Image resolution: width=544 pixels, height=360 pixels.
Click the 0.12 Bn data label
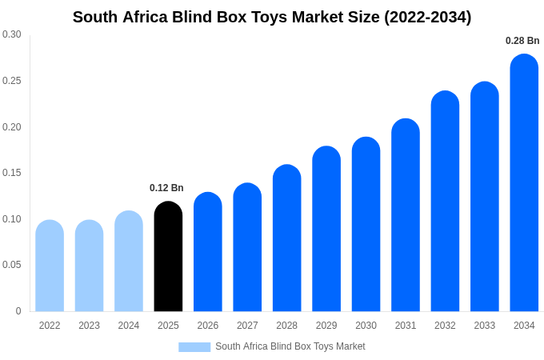tap(166, 188)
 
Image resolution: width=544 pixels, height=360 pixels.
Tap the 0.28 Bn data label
tap(522, 41)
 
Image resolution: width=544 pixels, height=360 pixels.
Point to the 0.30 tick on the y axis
tap(12, 34)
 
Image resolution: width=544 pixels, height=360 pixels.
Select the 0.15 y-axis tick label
tap(12, 173)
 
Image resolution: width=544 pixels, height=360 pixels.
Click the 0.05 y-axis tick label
tap(12, 265)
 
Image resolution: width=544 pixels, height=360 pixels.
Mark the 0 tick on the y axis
tap(18, 311)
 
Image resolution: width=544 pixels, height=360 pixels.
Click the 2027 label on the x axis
tap(247, 326)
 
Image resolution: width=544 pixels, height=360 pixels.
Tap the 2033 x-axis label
tap(484, 326)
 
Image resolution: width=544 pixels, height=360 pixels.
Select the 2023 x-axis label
tap(89, 326)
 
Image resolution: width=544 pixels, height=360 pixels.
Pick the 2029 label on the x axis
tap(326, 326)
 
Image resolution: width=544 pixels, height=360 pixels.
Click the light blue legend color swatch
tap(194, 347)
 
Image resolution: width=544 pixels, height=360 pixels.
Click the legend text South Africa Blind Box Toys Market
tap(290, 346)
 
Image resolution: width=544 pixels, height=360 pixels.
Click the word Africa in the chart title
tap(146, 17)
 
